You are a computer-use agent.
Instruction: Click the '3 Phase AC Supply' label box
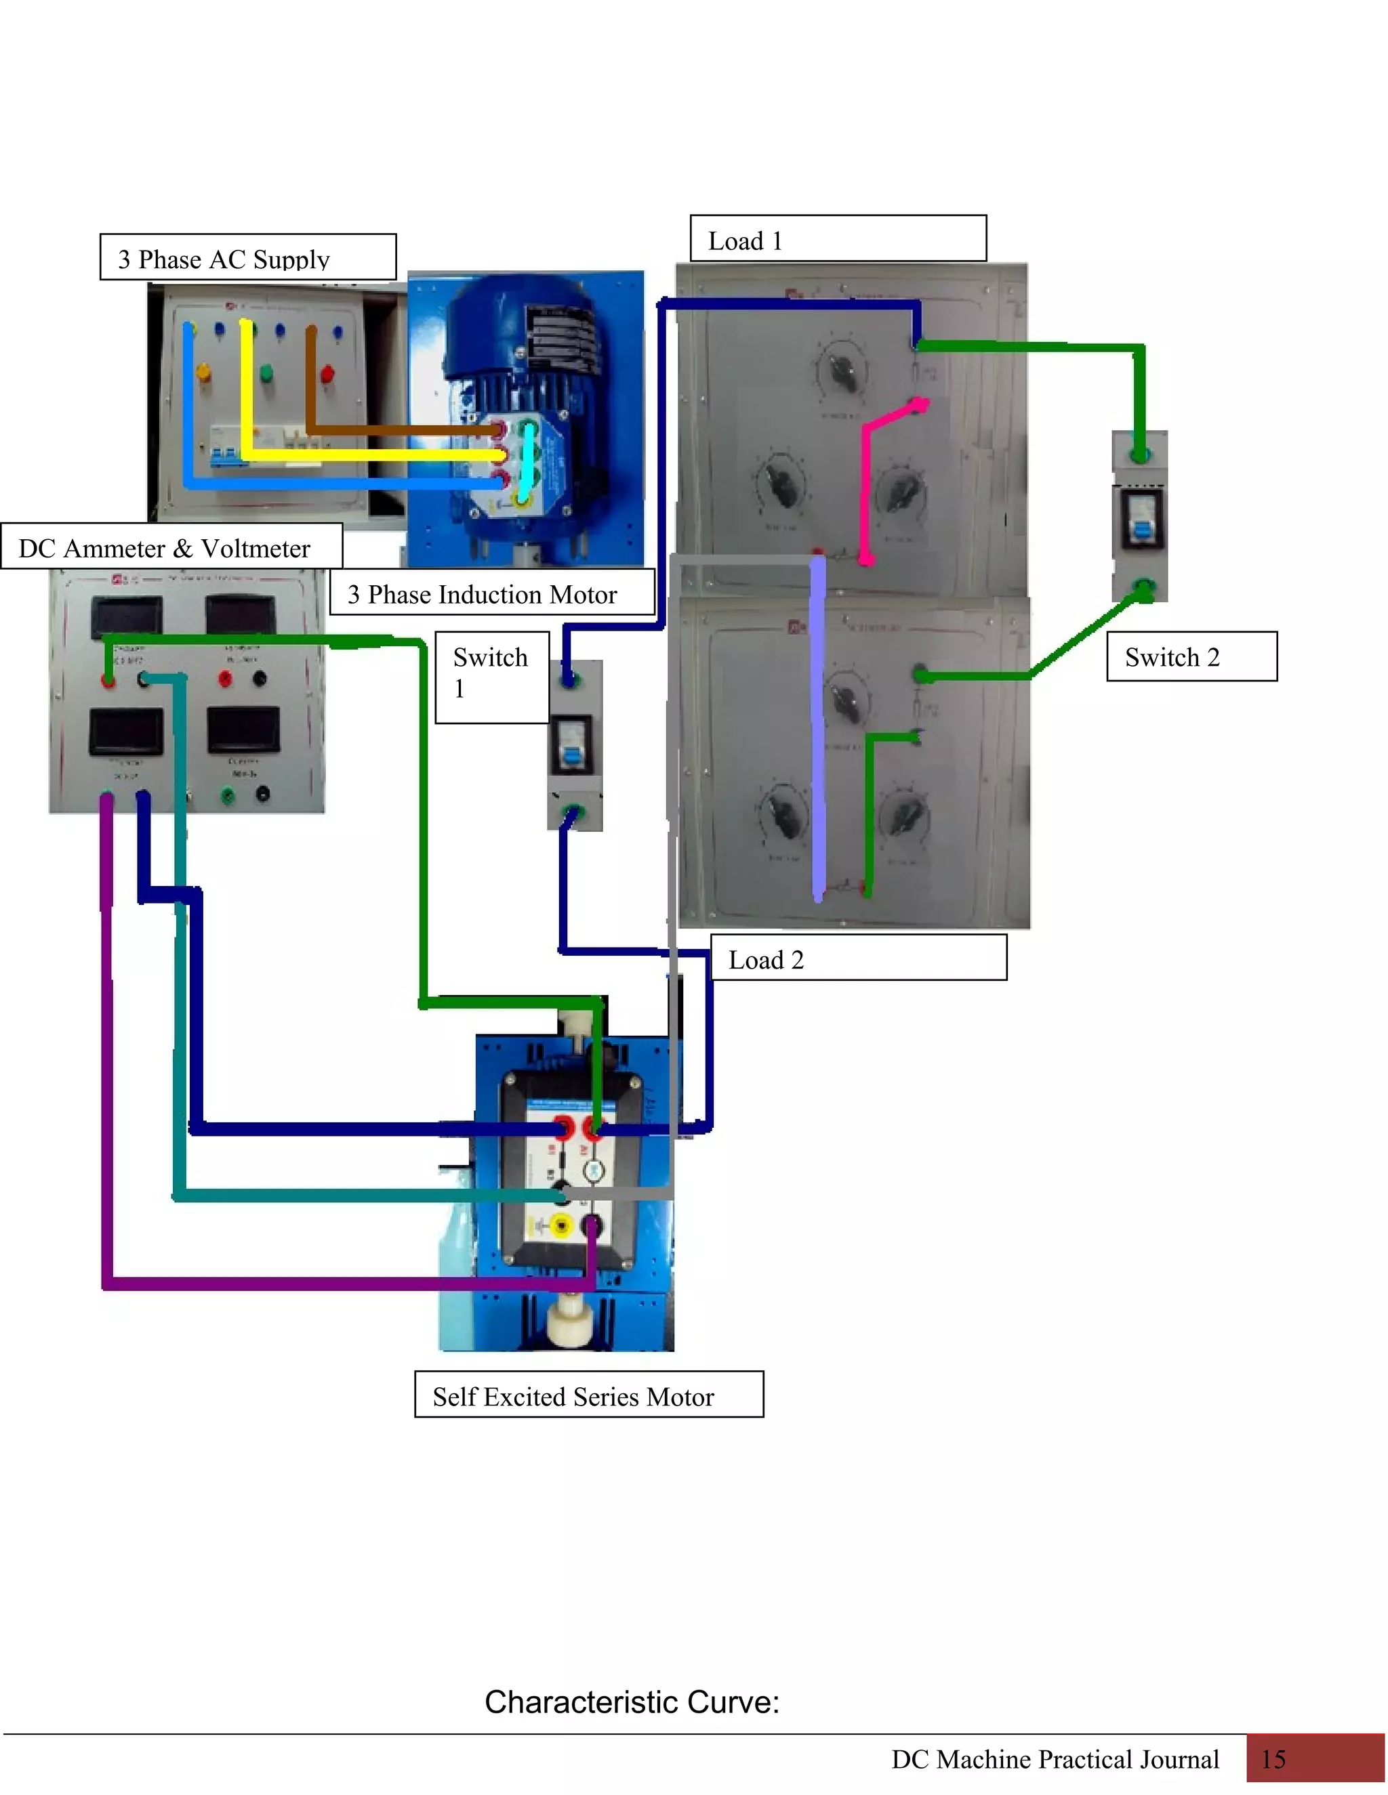(247, 257)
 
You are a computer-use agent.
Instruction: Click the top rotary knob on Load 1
(841, 371)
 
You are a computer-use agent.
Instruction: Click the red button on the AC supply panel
(327, 375)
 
